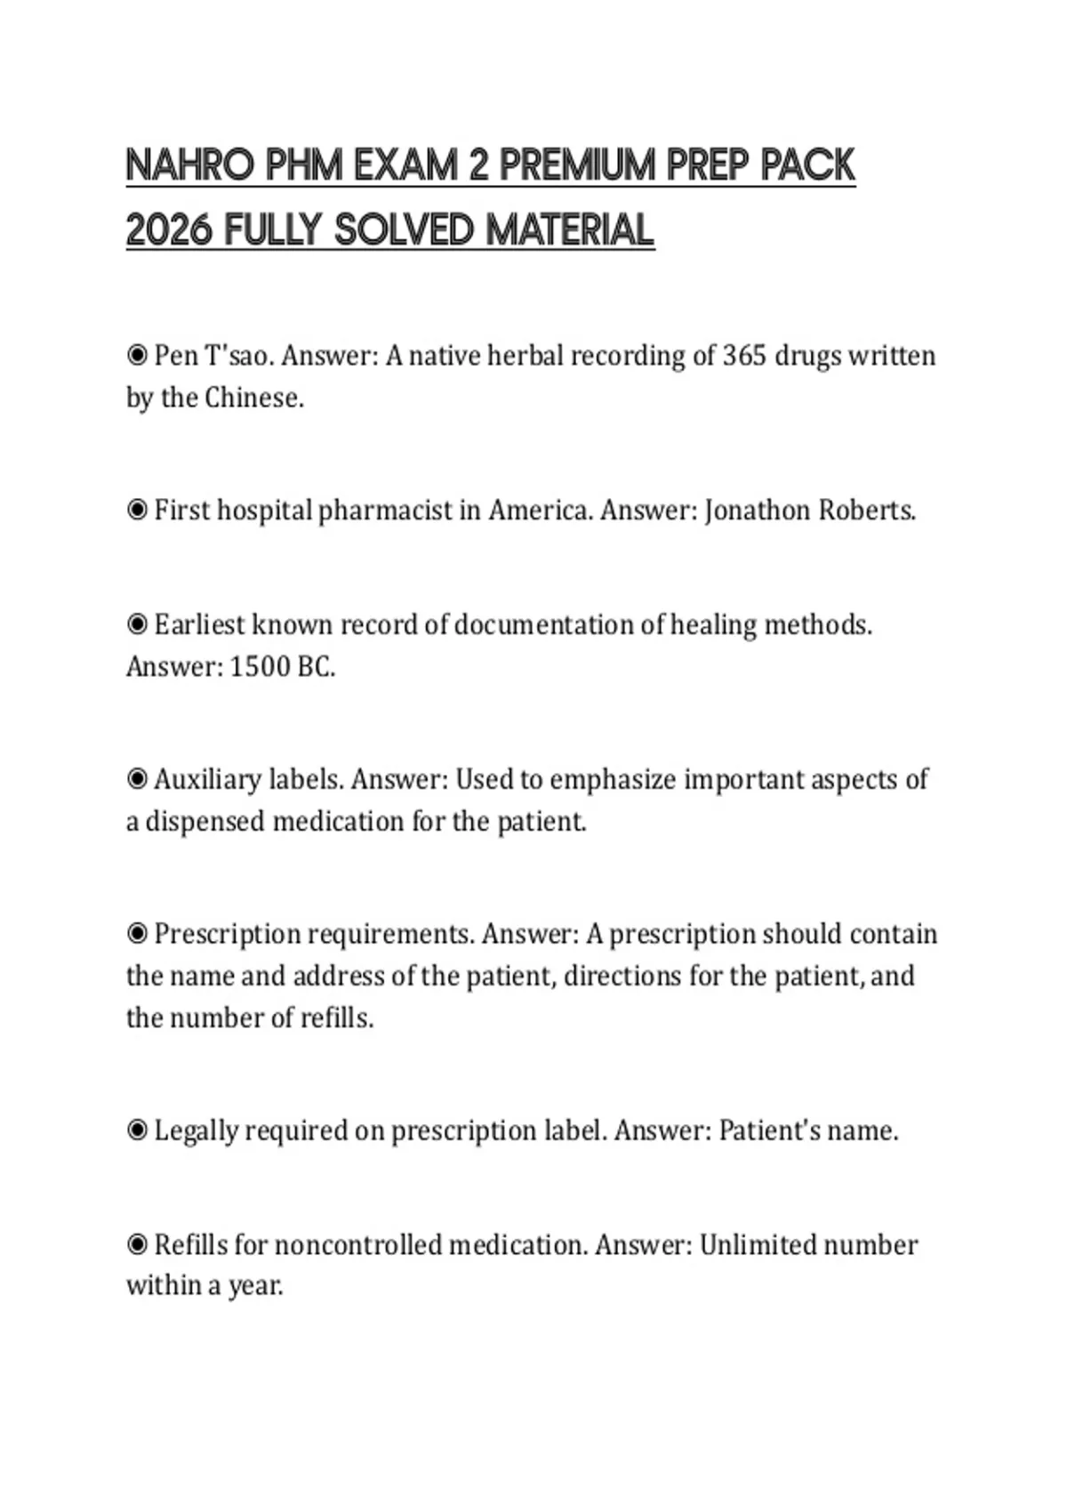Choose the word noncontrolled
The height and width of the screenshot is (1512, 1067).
359,1244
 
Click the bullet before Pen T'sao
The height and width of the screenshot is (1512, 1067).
137,356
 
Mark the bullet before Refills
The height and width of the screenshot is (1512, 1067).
137,1244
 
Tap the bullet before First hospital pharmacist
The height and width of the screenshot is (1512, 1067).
137,511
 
